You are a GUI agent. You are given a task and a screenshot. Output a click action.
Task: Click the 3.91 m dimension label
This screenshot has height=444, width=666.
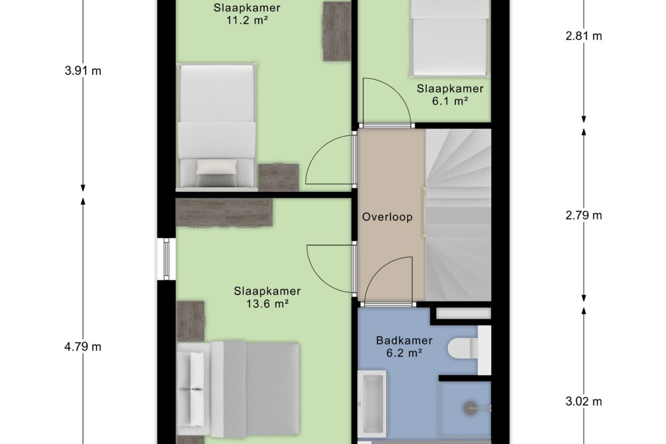pyautogui.click(x=83, y=71)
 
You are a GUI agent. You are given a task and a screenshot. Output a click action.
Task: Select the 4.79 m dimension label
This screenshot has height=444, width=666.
pyautogui.click(x=83, y=347)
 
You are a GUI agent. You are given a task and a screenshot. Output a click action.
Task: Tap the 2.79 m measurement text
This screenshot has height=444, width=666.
pyautogui.click(x=584, y=215)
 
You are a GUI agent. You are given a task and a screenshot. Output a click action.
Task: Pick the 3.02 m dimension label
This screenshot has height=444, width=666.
pyautogui.click(x=584, y=401)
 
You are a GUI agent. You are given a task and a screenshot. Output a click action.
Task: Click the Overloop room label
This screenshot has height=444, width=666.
pyautogui.click(x=388, y=217)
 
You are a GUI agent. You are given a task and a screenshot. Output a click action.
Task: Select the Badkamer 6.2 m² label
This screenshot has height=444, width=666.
pyautogui.click(x=404, y=346)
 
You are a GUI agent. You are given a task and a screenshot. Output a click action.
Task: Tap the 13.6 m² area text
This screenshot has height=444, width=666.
pyautogui.click(x=267, y=304)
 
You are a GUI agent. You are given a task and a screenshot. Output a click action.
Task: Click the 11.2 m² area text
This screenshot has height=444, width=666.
pyautogui.click(x=247, y=20)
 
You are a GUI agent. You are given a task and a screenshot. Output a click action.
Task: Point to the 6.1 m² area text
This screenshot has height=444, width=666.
pyautogui.click(x=450, y=101)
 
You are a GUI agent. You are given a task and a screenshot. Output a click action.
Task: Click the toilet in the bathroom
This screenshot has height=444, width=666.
pyautogui.click(x=467, y=350)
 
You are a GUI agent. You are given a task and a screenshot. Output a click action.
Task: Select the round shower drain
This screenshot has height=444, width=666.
pyautogui.click(x=471, y=409)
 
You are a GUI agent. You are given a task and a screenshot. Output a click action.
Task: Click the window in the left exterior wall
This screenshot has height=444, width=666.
pyautogui.click(x=166, y=259)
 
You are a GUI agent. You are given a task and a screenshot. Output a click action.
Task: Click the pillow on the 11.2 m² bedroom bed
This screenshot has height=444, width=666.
pyautogui.click(x=217, y=167)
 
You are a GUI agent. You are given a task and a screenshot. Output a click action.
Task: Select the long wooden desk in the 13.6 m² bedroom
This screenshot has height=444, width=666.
pyautogui.click(x=224, y=212)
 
